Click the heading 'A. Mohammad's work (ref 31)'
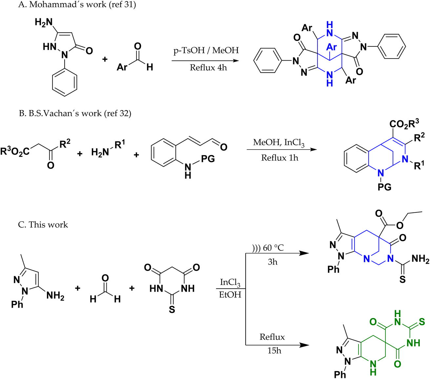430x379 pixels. (x=77, y=5)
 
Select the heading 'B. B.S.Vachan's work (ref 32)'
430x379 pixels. (x=75, y=113)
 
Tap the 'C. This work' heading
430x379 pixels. (x=43, y=225)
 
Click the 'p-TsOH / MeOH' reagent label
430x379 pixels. (x=206, y=50)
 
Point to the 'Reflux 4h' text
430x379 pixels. (x=208, y=67)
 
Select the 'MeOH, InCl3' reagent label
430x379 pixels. (x=279, y=143)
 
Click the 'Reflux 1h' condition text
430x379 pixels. (x=279, y=158)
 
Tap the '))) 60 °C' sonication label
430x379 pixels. (x=268, y=247)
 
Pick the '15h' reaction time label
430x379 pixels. (x=274, y=351)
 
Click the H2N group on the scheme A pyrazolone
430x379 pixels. (x=44, y=22)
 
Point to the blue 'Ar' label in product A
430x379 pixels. (x=332, y=47)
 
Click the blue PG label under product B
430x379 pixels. (x=385, y=187)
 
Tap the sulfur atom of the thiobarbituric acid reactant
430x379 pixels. (x=172, y=309)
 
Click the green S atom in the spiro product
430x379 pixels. (x=422, y=322)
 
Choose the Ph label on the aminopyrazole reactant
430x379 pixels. (x=17, y=304)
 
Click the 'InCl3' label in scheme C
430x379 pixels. (x=230, y=282)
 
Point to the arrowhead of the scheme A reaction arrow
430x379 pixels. (x=236, y=61)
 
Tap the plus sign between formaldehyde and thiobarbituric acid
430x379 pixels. (x=132, y=288)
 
